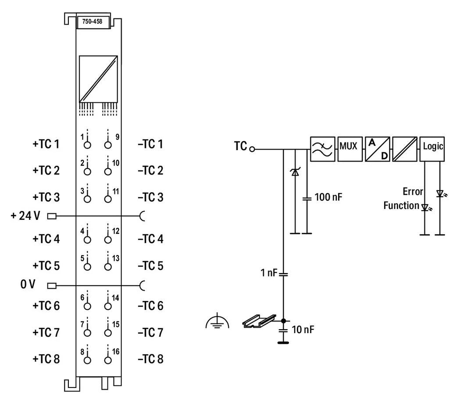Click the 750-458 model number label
[93, 22]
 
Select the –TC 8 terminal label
[150, 359]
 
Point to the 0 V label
[27, 285]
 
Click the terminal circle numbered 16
[107, 359]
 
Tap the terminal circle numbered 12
[107, 239]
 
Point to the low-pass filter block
[321, 149]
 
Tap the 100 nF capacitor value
[328, 197]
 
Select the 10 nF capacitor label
[303, 329]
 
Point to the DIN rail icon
[259, 322]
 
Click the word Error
[413, 192]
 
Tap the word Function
[401, 205]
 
